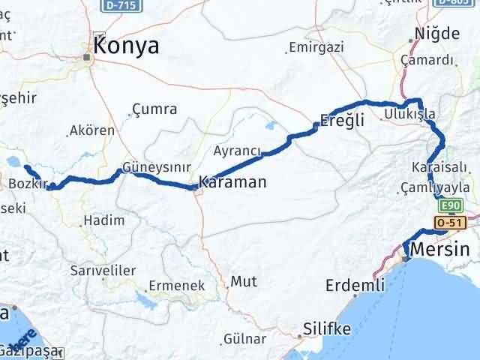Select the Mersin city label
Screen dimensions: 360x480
click(x=440, y=250)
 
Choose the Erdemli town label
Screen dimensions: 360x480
click(x=355, y=286)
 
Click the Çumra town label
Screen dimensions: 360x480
click(x=154, y=109)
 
